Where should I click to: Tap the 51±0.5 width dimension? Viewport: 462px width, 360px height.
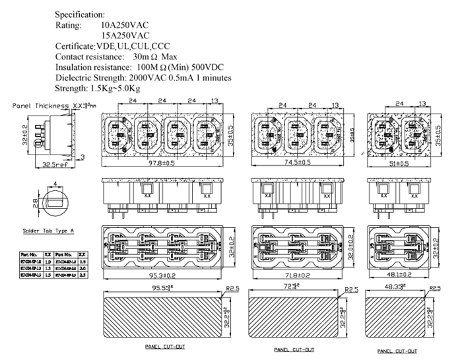point(397,162)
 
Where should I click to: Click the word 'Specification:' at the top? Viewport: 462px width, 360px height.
point(80,14)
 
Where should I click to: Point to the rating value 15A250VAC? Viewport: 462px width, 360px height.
point(125,35)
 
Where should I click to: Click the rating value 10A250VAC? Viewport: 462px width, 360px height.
point(125,24)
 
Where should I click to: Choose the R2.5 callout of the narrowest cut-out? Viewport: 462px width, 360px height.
point(435,289)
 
